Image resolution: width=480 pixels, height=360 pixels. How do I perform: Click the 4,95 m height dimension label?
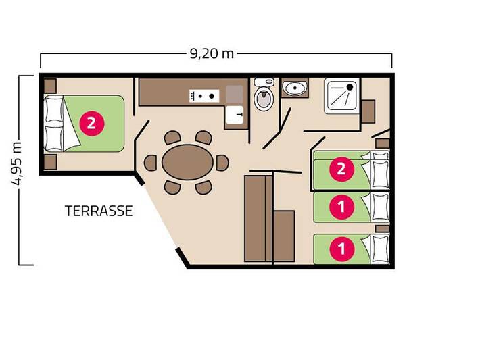pyautogui.click(x=18, y=165)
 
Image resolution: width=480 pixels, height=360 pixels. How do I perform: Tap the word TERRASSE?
pyautogui.click(x=99, y=210)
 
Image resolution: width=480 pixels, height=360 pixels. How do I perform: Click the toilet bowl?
pyautogui.click(x=263, y=97)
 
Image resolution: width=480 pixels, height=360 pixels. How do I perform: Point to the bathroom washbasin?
pyautogui.click(x=294, y=88)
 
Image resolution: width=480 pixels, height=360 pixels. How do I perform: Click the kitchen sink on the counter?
pyautogui.click(x=234, y=114)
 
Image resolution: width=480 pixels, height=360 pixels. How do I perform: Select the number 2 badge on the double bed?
pyautogui.click(x=91, y=124)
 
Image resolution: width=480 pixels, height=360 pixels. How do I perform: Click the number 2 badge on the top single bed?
pyautogui.click(x=341, y=168)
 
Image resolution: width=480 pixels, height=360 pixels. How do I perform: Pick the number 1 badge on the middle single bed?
pyautogui.click(x=341, y=207)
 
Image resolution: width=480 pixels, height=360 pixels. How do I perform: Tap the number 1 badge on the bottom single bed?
pyautogui.click(x=341, y=249)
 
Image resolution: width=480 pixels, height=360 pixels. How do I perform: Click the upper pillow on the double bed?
pyautogui.click(x=54, y=110)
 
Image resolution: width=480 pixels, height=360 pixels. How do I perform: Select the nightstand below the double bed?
pyautogui.click(x=49, y=162)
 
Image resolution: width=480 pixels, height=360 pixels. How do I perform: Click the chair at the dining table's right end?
pyautogui.click(x=222, y=162)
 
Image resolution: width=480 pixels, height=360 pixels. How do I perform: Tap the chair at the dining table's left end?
pyautogui.click(x=150, y=163)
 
